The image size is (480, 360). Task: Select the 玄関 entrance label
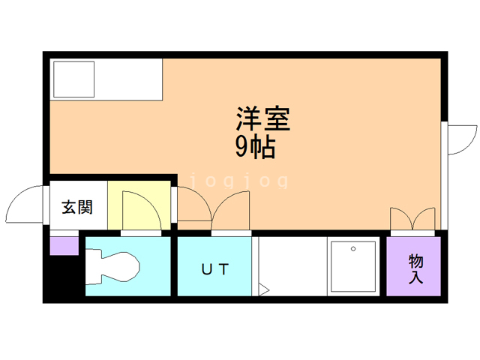tap(77, 208)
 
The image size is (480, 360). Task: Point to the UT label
tap(214, 268)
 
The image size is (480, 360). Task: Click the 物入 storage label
tap(416, 269)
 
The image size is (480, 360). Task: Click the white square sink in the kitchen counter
tap(73, 78)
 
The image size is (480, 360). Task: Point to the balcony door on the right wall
tap(459, 139)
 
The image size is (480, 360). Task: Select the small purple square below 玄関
tap(64, 244)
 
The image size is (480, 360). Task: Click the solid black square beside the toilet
tap(64, 277)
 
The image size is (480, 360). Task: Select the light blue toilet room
tap(127, 266)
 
